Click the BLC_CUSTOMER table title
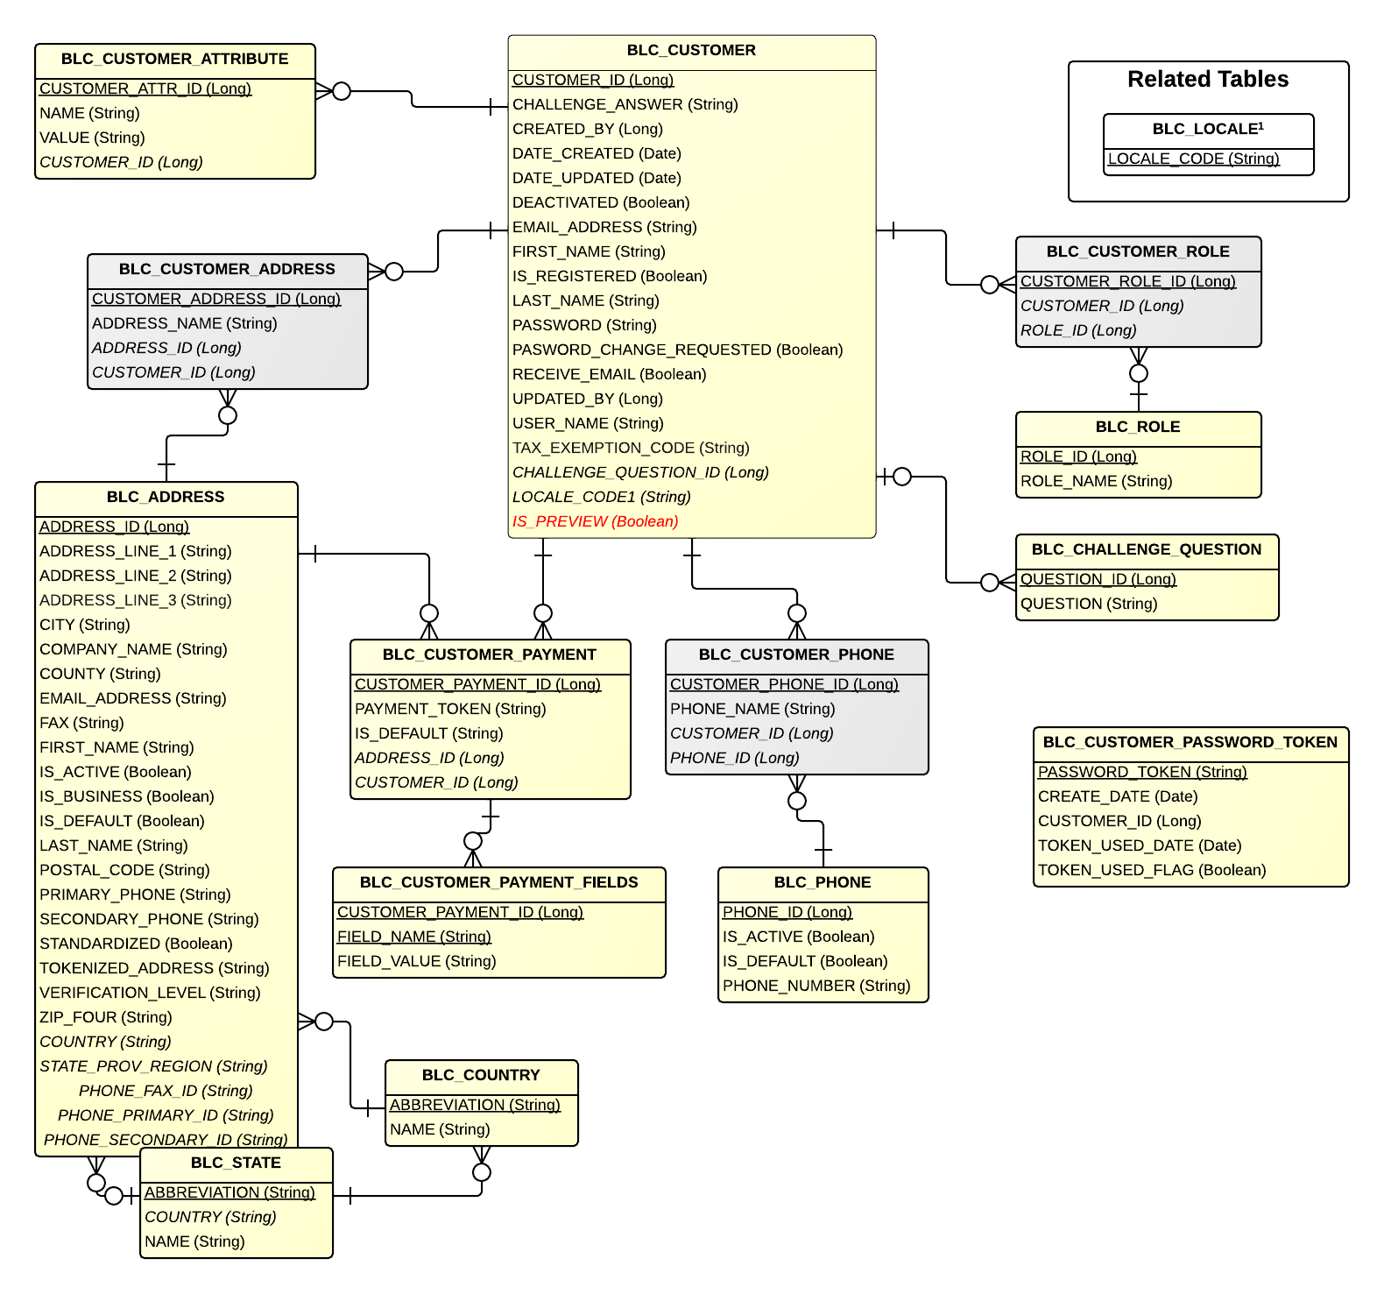[x=691, y=51]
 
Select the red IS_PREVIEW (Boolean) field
[x=595, y=521]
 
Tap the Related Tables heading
[x=1207, y=80]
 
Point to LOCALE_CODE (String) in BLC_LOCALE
[x=1193, y=159]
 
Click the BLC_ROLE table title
[x=1137, y=427]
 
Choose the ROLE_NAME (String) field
[x=1096, y=481]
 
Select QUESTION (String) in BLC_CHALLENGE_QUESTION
[x=1088, y=604]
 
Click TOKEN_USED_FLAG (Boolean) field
[x=1151, y=870]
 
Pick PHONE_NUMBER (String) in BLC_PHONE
[x=816, y=986]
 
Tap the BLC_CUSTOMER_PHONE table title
[x=795, y=654]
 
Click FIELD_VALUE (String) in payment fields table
[x=416, y=961]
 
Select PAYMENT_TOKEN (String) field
[x=449, y=709]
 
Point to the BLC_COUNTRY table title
[x=480, y=1075]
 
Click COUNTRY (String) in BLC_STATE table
[x=210, y=1217]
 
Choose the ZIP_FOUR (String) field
[x=105, y=1017]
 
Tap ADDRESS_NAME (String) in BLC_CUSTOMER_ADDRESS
[x=184, y=323]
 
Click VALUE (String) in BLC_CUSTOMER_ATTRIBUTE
[x=92, y=138]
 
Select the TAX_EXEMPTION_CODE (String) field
[x=631, y=448]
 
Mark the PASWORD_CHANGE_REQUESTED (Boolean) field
[x=677, y=350]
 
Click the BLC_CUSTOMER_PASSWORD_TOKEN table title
[x=1190, y=742]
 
